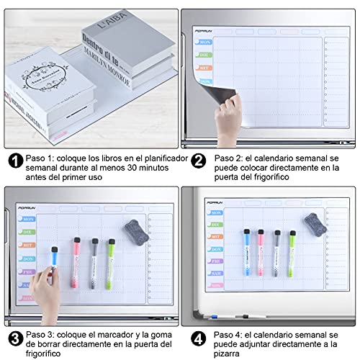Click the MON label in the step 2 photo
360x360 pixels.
click(x=205, y=42)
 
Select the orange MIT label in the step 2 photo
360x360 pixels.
click(x=205, y=68)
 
